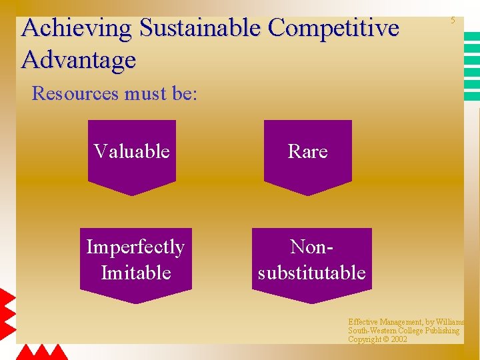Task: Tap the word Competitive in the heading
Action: pyautogui.click(x=333, y=29)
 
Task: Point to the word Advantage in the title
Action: pyautogui.click(x=79, y=60)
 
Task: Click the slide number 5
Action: pyautogui.click(x=452, y=21)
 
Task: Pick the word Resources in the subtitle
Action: pyautogui.click(x=74, y=93)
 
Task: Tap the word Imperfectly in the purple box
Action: pyautogui.click(x=135, y=247)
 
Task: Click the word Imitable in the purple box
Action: pyautogui.click(x=136, y=273)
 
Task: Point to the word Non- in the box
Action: pyautogui.click(x=311, y=247)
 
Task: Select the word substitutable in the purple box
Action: pyautogui.click(x=311, y=273)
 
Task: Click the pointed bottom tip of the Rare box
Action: pyautogui.click(x=307, y=195)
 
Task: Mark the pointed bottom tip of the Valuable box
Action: pyautogui.click(x=132, y=195)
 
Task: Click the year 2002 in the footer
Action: pyautogui.click(x=399, y=339)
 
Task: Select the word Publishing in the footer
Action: pyautogui.click(x=439, y=331)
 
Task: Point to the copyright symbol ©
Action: pyautogui.click(x=385, y=339)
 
